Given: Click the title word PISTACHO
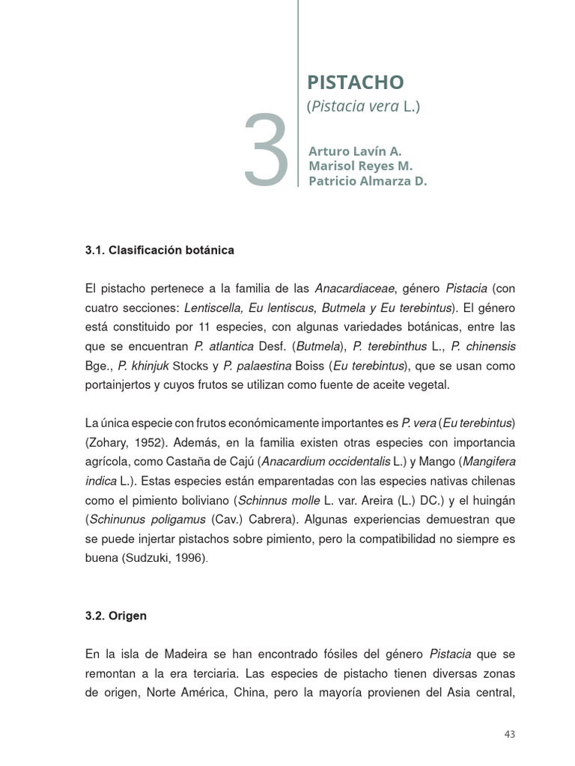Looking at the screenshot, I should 355,82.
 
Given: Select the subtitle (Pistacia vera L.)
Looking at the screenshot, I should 363,106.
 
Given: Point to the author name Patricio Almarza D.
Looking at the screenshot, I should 368,181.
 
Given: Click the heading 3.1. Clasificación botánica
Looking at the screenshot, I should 159,250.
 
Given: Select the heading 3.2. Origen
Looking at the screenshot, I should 116,616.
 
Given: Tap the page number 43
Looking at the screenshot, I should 509,735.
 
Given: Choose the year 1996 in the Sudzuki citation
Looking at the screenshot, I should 186,558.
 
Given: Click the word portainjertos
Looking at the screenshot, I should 120,384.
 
